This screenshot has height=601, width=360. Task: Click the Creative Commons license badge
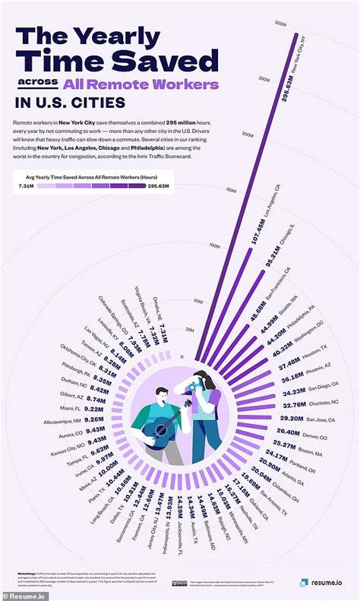pos(179,583)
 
